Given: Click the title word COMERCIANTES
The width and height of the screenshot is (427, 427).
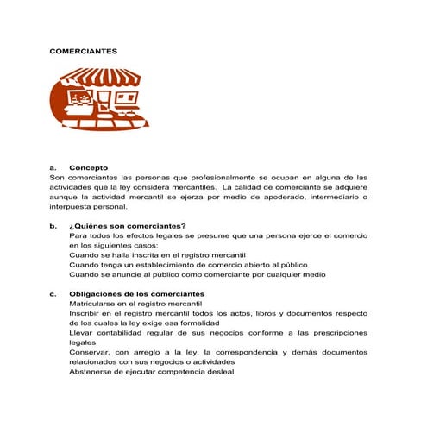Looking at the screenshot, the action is (x=83, y=52).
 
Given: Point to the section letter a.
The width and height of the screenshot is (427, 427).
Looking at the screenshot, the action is (x=53, y=167).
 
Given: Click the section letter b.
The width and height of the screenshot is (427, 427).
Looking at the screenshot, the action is (x=53, y=225).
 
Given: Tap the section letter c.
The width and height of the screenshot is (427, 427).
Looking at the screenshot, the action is (x=53, y=294).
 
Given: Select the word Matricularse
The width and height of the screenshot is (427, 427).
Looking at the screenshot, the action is (x=96, y=305).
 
